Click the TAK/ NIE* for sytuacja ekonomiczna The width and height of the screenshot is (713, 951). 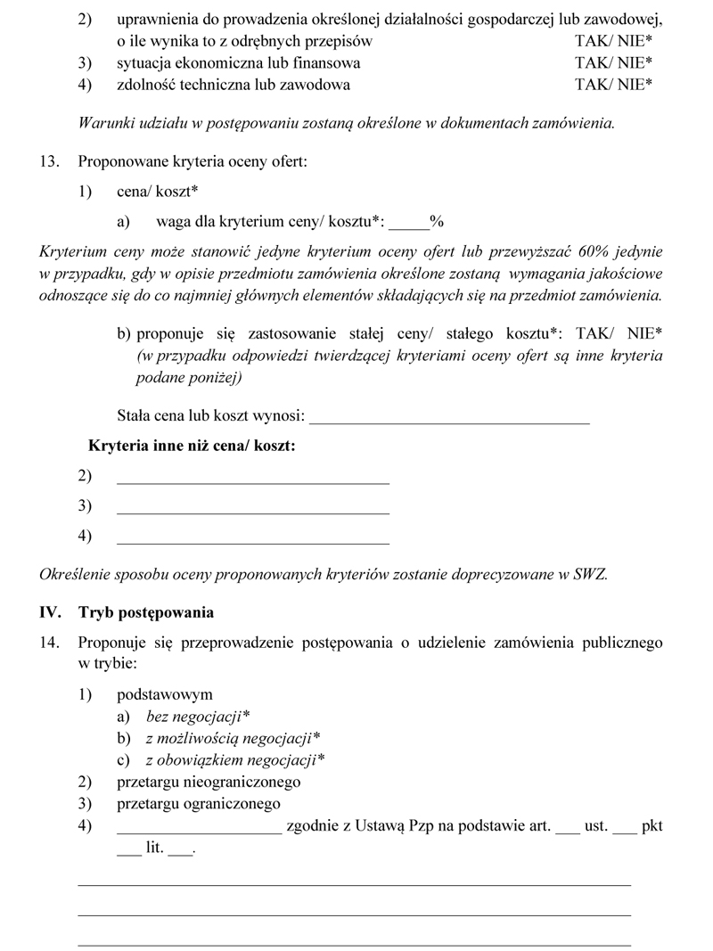[614, 63]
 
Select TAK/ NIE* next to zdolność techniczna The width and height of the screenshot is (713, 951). [614, 86]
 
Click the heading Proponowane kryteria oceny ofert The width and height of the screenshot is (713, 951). [193, 162]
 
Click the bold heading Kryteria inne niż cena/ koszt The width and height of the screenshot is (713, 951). [192, 446]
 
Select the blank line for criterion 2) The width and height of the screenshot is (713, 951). [253, 480]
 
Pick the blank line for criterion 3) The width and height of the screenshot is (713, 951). [253, 510]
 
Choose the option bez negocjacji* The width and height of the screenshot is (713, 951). [198, 716]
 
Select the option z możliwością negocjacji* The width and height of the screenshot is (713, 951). [233, 738]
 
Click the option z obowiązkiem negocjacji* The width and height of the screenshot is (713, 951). [235, 760]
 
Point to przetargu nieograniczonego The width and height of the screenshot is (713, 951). [209, 783]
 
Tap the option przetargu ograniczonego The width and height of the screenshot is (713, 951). [199, 805]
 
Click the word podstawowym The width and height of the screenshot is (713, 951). [165, 694]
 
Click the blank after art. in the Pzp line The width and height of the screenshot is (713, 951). [567, 829]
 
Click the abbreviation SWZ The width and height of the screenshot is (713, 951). [588, 575]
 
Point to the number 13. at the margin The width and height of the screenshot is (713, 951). [49, 162]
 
